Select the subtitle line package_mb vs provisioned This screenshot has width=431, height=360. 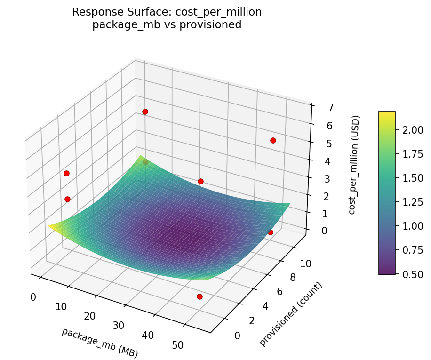click(167, 25)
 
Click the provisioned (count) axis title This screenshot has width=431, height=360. click(291, 314)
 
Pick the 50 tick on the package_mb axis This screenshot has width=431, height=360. click(178, 345)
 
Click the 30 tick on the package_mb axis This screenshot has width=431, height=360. click(119, 326)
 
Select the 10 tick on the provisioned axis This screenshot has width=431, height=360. click(306, 264)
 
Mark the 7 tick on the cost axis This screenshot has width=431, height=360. click(318, 107)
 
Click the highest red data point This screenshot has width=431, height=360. click(145, 112)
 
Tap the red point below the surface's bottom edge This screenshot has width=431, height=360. click(200, 296)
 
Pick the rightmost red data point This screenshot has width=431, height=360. click(273, 140)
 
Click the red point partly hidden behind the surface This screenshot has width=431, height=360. click(145, 162)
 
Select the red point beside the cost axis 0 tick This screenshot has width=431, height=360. click(270, 232)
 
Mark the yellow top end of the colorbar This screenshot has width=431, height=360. click(387, 113)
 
